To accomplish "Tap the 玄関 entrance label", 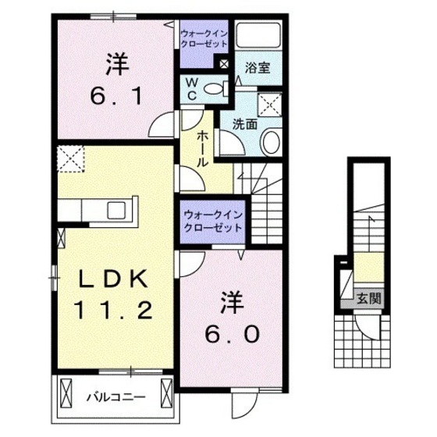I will [x=369, y=297].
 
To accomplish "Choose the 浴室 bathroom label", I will [x=258, y=67].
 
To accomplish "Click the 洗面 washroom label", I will [x=245, y=123].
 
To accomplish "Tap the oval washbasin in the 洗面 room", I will [x=270, y=142].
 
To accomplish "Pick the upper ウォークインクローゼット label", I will [x=203, y=39].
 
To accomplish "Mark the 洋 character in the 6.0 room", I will [x=229, y=299].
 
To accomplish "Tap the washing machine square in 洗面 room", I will [x=270, y=103].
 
